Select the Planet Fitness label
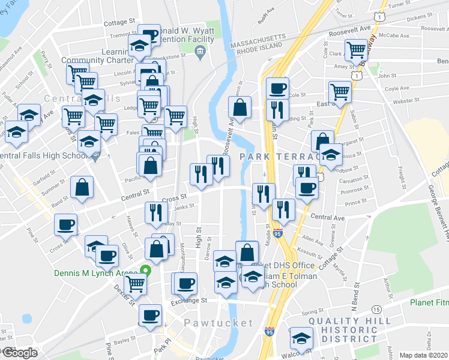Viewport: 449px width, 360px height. click(x=429, y=302)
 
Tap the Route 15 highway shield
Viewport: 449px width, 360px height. click(x=376, y=309)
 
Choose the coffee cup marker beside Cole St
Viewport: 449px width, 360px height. click(x=277, y=89)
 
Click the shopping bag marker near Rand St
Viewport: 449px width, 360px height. click(x=82, y=187)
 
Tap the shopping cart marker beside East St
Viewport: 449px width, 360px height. click(x=340, y=92)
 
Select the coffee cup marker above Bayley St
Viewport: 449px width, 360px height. click(x=150, y=314)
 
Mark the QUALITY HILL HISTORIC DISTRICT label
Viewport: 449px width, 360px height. click(x=345, y=329)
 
